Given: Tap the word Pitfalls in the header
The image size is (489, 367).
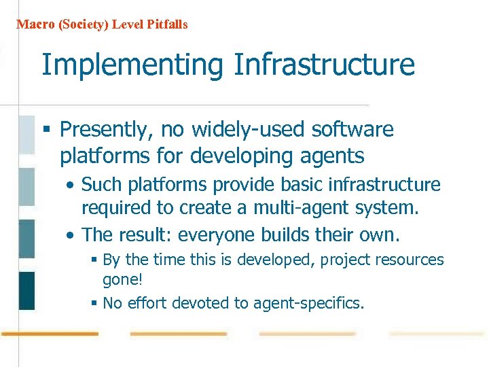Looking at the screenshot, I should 166,24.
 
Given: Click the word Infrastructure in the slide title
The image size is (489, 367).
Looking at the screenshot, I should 324,65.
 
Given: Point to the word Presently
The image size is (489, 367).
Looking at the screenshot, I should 103,130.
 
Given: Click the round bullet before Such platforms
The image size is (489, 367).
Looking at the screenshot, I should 71,186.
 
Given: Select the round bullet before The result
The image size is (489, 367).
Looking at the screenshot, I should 71,236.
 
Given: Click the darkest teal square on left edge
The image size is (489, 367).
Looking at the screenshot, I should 26,290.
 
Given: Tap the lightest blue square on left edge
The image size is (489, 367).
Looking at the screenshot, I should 26,135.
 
